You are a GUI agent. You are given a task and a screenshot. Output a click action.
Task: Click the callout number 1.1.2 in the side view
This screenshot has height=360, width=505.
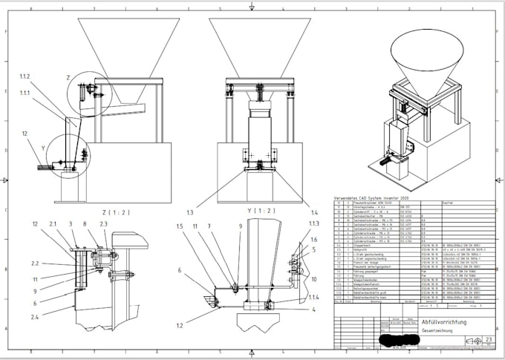point(26,76)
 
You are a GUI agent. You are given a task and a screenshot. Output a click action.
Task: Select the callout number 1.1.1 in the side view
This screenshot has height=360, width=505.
point(26,93)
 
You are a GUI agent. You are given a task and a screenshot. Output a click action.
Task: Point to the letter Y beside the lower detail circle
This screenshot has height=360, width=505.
point(44,148)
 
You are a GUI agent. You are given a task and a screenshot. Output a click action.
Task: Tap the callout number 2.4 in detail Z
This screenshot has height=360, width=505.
point(34,317)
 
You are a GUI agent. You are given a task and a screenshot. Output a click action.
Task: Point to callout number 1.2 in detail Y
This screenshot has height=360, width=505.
point(180,324)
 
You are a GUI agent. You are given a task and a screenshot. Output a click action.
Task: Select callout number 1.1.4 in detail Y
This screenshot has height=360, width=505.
point(314,297)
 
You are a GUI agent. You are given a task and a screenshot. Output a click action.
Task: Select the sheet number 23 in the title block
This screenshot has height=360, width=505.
point(488,338)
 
